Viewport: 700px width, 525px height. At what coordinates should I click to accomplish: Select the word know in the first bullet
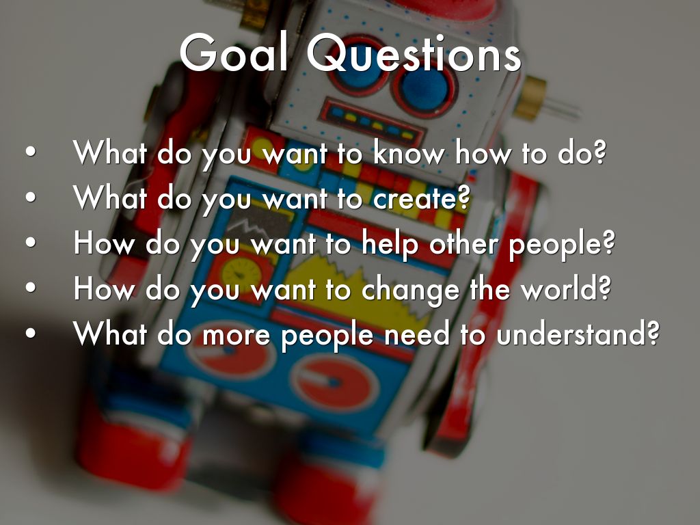(409, 153)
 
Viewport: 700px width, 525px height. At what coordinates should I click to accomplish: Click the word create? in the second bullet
(421, 199)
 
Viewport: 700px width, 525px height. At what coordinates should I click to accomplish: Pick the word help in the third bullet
(390, 245)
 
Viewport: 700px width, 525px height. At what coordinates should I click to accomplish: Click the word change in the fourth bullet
(410, 290)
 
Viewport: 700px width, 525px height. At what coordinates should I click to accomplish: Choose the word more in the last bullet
(236, 336)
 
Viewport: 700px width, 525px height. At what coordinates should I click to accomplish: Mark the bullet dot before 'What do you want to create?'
(30, 197)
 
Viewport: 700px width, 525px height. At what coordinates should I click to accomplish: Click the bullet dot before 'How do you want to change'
(30, 288)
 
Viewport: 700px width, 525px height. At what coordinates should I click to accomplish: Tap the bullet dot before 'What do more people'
(30, 333)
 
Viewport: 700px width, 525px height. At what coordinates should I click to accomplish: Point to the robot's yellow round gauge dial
(241, 273)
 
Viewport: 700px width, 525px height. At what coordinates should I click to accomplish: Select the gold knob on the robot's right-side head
(530, 98)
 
